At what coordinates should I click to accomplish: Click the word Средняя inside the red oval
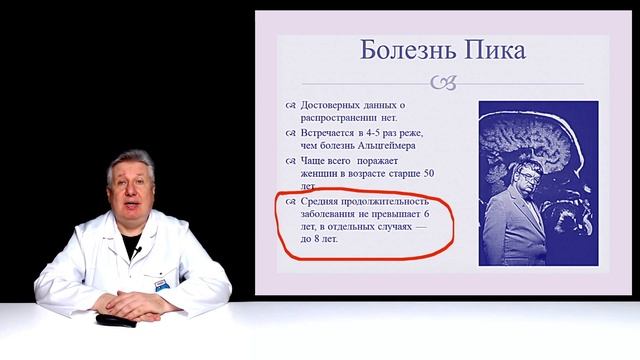point(320,202)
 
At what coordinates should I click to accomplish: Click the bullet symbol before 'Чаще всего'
point(291,159)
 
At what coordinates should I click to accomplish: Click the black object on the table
point(108,319)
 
